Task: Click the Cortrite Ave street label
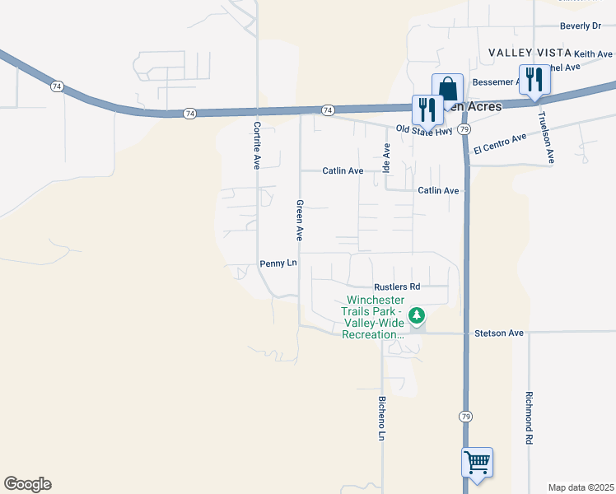(x=257, y=145)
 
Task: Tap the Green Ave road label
(x=300, y=220)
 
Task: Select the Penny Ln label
(x=278, y=263)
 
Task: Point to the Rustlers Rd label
(x=397, y=287)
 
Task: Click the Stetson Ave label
(x=499, y=333)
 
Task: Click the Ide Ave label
(x=386, y=157)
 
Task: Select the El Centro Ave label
(x=500, y=143)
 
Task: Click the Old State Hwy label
(x=424, y=129)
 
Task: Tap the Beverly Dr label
(x=581, y=26)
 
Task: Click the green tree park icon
(x=418, y=315)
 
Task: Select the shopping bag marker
(x=447, y=88)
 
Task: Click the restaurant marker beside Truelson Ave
(x=534, y=79)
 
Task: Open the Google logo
(x=27, y=484)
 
